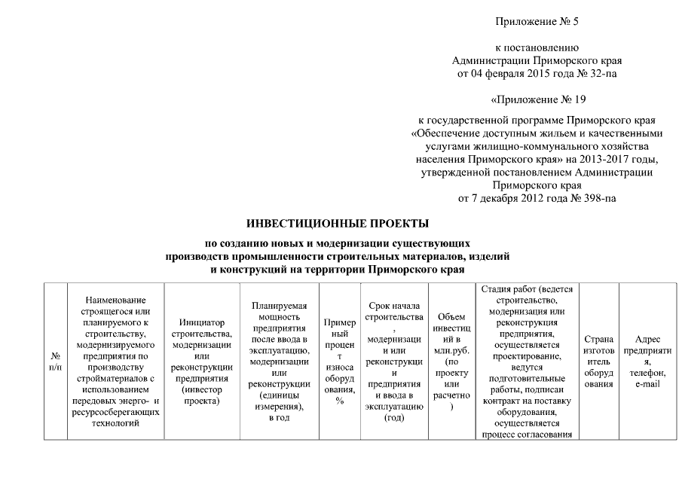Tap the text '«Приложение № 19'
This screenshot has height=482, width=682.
[x=537, y=99]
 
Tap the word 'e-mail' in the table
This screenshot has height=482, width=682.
[x=647, y=385]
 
